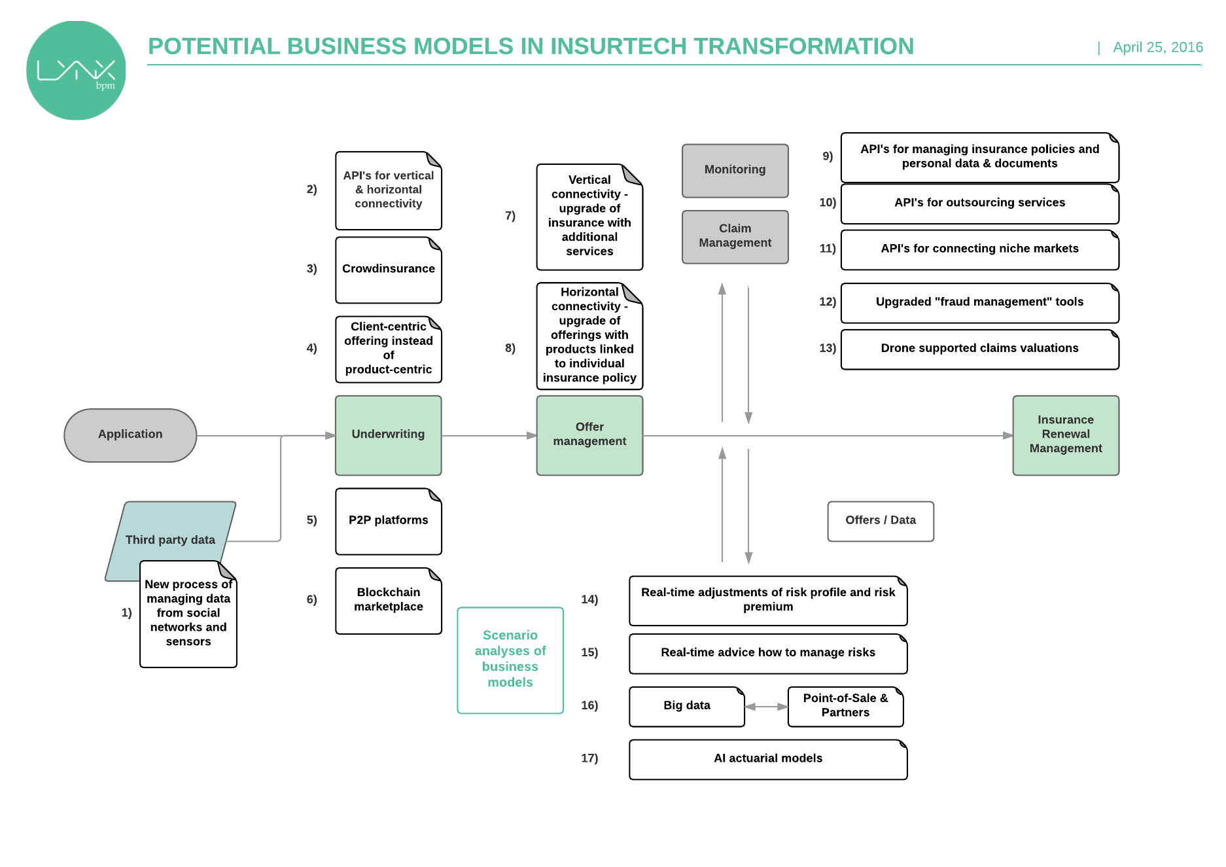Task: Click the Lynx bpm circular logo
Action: tap(76, 71)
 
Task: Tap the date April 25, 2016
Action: tap(1157, 48)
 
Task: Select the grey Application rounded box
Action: tap(130, 434)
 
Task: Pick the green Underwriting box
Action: tap(388, 434)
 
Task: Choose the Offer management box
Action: tap(589, 434)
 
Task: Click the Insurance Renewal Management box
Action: tap(1065, 434)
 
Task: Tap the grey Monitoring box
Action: tap(735, 170)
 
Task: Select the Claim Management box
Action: tap(735, 236)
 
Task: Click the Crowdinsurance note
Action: tap(388, 270)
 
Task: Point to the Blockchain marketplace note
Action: tap(388, 600)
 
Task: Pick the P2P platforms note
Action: tap(388, 521)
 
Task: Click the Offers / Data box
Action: tap(880, 521)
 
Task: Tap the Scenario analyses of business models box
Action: tap(510, 660)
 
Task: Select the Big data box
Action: tap(686, 706)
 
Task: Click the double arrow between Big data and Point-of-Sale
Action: tap(766, 707)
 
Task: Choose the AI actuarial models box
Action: tap(767, 759)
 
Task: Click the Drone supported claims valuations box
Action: tap(979, 349)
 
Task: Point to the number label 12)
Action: tap(827, 302)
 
